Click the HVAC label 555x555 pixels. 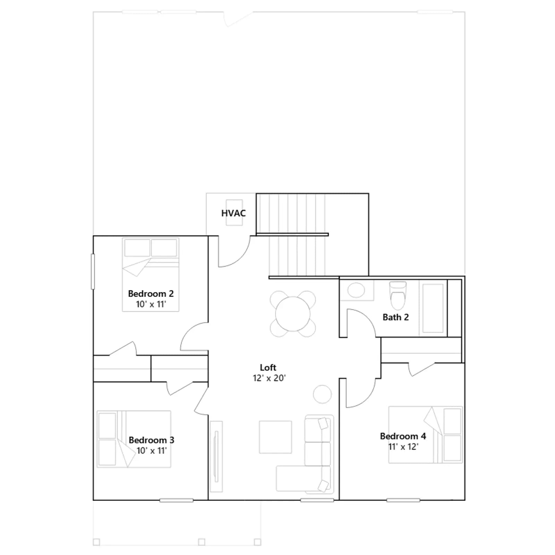(x=233, y=213)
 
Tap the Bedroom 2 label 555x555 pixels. (x=151, y=293)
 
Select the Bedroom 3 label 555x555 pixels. (x=152, y=440)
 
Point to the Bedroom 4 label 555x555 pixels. (x=403, y=436)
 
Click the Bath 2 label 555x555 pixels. (x=396, y=317)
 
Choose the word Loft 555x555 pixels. (x=268, y=367)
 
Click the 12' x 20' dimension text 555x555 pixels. (x=269, y=378)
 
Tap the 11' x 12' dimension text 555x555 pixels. (x=403, y=447)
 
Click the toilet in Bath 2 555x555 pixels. (x=398, y=296)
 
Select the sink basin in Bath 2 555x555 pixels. (x=356, y=290)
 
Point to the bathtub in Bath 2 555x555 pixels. (x=433, y=308)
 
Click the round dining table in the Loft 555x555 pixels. (x=293, y=314)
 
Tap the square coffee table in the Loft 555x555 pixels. (x=275, y=437)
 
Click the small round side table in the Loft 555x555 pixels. (x=322, y=394)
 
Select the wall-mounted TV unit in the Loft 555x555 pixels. (x=216, y=456)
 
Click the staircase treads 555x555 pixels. (x=297, y=235)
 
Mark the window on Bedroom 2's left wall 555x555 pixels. (x=93, y=272)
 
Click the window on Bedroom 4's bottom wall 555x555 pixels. (x=403, y=500)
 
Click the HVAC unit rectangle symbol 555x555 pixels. (x=234, y=213)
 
